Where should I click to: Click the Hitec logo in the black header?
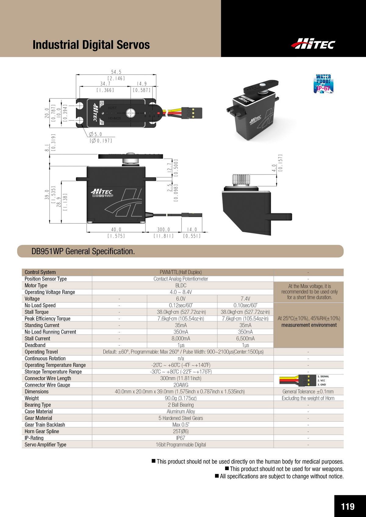[313, 44]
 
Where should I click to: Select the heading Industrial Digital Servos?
[91, 45]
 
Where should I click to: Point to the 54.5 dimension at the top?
[116, 72]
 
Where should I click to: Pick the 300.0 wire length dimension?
[163, 230]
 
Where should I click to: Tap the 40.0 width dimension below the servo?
[116, 230]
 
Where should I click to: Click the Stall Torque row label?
[37, 312]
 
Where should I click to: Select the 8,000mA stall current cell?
[181, 338]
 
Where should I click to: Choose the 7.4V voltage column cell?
[245, 299]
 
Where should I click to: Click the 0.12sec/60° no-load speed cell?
[181, 305]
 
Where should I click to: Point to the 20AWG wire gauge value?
[181, 385]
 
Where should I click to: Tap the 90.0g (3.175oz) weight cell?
[181, 398]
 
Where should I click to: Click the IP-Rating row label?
[34, 438]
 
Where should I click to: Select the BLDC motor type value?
[181, 285]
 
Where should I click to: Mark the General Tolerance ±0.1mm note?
[308, 391]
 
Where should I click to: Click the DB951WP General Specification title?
[83, 251]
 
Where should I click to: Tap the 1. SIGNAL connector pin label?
[323, 377]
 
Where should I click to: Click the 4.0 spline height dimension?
[274, 168]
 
